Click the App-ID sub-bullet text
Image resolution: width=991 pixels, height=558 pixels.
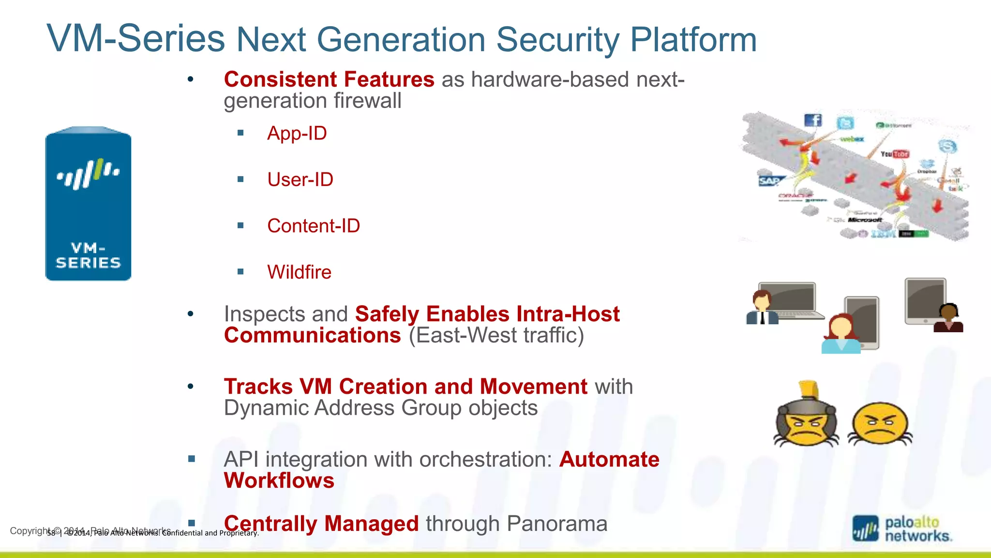point(297,133)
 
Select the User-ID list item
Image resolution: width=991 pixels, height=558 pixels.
point(300,180)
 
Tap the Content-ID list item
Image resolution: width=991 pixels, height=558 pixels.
point(313,226)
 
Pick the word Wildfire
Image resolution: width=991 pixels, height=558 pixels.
point(299,272)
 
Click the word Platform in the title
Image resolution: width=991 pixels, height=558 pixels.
point(693,40)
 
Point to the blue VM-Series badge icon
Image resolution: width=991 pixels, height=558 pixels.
point(88,204)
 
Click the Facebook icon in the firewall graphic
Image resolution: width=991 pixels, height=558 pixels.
point(813,120)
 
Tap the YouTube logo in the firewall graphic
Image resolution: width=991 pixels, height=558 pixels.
point(895,154)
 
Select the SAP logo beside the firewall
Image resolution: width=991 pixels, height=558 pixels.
point(769,181)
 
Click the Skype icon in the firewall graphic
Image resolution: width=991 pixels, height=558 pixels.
point(947,146)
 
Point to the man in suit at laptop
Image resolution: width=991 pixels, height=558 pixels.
point(762,308)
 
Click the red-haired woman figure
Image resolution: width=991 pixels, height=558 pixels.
point(841,334)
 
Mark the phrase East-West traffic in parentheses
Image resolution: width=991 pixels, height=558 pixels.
point(496,336)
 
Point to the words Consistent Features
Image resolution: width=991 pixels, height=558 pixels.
point(329,79)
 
